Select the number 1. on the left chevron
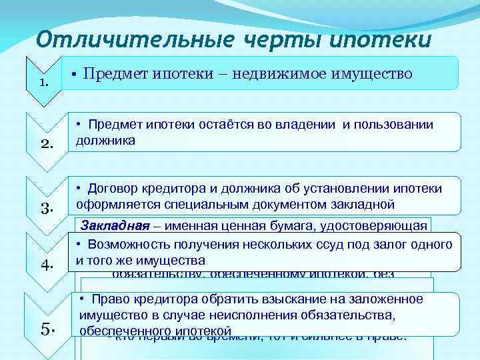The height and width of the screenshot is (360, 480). point(44,83)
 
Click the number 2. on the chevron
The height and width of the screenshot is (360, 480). point(44,143)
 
